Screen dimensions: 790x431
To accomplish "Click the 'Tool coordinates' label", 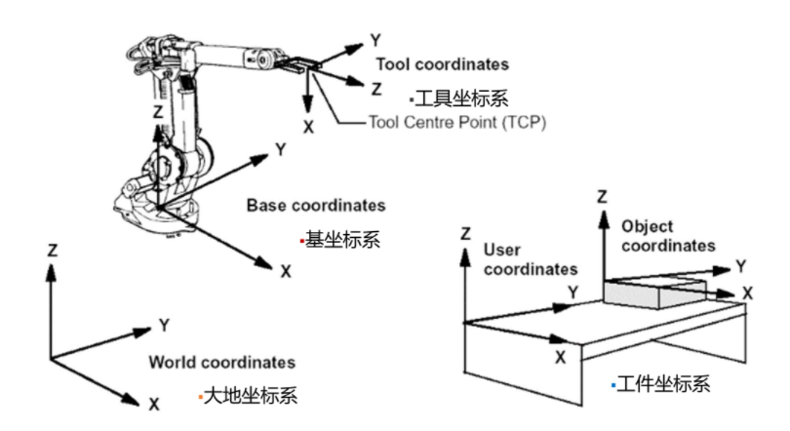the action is [x=443, y=64].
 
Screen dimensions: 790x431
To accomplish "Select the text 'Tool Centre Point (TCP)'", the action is [x=457, y=122].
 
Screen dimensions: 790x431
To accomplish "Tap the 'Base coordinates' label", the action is [x=316, y=206].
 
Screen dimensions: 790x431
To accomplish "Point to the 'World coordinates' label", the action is [x=221, y=362].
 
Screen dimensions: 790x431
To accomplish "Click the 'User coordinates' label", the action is [x=531, y=259].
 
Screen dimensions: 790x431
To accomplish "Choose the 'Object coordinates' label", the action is [x=668, y=236].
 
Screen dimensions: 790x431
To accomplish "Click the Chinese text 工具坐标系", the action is [x=461, y=98].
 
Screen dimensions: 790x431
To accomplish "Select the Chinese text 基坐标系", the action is [x=342, y=240].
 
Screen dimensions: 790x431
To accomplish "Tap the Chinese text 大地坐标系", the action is [x=251, y=396].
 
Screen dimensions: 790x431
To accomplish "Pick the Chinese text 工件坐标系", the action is [x=663, y=384].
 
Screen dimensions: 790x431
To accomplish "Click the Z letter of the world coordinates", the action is [x=53, y=251].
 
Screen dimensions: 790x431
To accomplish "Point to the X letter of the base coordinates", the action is [x=286, y=272].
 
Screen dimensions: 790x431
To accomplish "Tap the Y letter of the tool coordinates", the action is [x=375, y=40].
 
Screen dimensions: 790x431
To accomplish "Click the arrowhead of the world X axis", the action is [x=132, y=400].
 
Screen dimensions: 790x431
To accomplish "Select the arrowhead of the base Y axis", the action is [x=260, y=159].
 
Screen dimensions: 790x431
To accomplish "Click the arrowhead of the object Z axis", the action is [x=604, y=220].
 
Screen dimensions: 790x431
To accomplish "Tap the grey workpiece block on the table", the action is [x=655, y=294].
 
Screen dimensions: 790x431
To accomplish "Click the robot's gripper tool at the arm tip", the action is [x=299, y=65].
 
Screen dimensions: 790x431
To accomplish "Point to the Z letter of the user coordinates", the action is [x=465, y=234].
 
